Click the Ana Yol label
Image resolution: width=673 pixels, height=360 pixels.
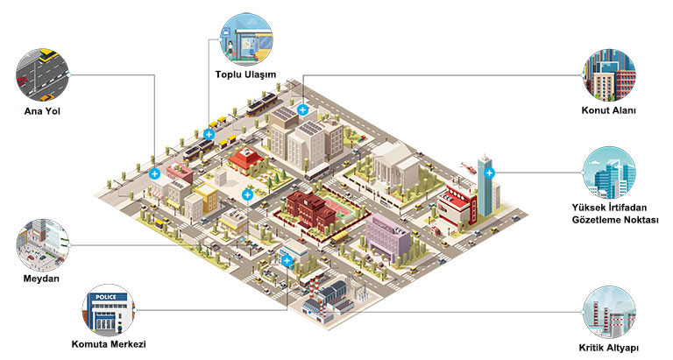tap(42, 111)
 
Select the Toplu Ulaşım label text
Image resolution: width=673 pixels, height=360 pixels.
tap(245, 74)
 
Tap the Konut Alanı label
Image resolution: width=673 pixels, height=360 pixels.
tap(609, 110)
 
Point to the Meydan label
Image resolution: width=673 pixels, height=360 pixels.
tap(42, 279)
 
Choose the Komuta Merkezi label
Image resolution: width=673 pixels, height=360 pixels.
tap(109, 344)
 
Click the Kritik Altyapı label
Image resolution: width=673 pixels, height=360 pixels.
tap(609, 348)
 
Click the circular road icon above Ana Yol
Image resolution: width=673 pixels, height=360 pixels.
tap(42, 75)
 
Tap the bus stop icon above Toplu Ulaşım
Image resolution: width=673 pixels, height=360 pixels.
tap(246, 39)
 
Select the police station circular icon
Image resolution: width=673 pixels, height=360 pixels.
tap(109, 310)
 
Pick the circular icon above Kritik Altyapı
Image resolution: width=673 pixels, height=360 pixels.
tap(610, 313)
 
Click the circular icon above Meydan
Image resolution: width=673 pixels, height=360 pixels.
tap(42, 245)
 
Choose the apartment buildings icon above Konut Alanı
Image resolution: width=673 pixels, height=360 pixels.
tap(610, 75)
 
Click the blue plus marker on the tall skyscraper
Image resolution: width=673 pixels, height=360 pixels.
tap(489, 173)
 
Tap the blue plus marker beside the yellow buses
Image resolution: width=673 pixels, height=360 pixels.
tap(209, 134)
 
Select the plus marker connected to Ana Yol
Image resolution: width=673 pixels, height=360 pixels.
tap(154, 173)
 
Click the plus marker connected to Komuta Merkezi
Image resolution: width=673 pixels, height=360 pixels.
tap(287, 260)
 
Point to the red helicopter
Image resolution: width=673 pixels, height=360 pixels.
tap(468, 167)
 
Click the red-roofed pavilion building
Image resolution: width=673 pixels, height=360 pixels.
tap(246, 160)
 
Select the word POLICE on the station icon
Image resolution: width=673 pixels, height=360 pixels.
tap(105, 297)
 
